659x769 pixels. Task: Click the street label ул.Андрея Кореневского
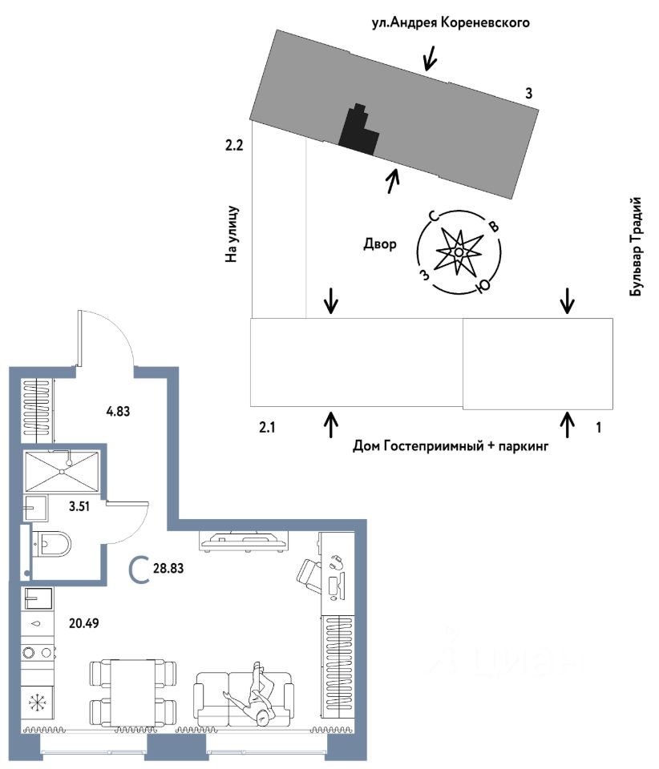click(x=451, y=22)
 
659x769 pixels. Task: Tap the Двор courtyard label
click(x=379, y=244)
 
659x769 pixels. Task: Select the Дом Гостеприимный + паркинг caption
click(x=450, y=446)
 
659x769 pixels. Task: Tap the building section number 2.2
click(x=234, y=146)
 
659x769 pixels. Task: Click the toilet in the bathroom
click(x=52, y=545)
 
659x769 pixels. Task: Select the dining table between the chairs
click(x=134, y=692)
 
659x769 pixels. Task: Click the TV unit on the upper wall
click(x=243, y=542)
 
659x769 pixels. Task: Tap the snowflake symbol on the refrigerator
click(x=37, y=703)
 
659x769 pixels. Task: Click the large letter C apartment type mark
click(x=140, y=570)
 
